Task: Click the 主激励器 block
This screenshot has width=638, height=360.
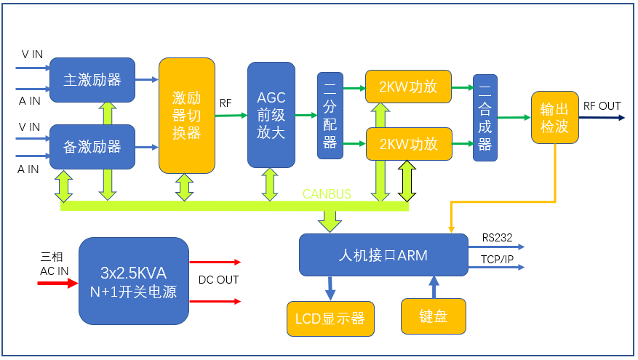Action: (x=92, y=80)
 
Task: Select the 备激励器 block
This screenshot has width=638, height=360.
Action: (x=92, y=147)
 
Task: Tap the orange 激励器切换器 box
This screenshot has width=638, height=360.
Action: (x=187, y=116)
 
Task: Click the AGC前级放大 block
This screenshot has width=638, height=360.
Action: (x=271, y=115)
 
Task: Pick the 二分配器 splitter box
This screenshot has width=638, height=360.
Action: (x=330, y=116)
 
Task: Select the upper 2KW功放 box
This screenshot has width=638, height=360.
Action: (x=408, y=87)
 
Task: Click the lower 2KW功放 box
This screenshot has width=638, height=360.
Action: (x=408, y=144)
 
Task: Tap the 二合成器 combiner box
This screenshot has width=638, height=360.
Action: (x=485, y=117)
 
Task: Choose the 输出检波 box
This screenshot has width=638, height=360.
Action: (x=554, y=117)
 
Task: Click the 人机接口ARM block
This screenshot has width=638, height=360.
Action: (x=383, y=255)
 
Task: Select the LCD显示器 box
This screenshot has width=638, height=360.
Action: (x=330, y=319)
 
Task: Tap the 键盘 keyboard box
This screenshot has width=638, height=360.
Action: (x=433, y=317)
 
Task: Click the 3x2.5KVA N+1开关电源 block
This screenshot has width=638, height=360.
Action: (x=133, y=281)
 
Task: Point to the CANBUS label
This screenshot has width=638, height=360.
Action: (x=327, y=194)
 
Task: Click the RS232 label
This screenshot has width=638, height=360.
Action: (x=497, y=238)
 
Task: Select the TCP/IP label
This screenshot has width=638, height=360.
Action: (x=497, y=259)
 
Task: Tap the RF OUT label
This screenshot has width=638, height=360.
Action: (x=602, y=106)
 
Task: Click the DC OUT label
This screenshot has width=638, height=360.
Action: (x=218, y=280)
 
